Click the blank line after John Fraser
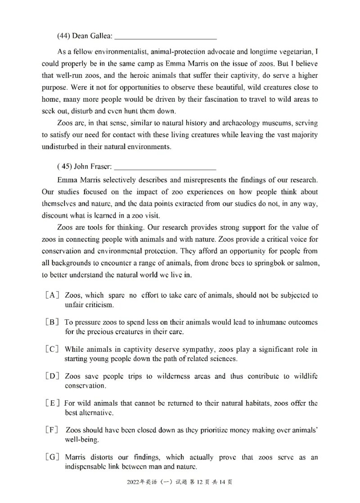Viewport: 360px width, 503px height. [165, 168]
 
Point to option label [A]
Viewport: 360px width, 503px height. [53, 295]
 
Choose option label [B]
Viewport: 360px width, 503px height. [53, 322]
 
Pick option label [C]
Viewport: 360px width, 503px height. [53, 349]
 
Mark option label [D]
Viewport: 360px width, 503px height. [53, 376]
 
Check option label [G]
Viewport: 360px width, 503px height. [53, 458]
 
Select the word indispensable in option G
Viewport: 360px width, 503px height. [87, 467]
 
